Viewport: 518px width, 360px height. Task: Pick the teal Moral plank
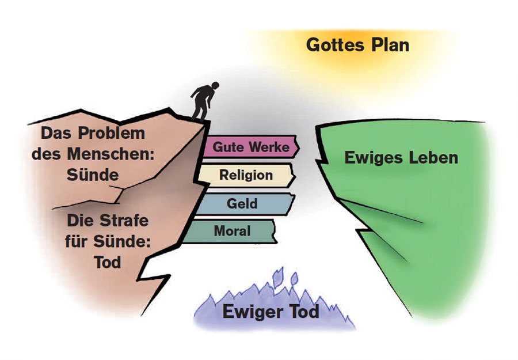(230, 232)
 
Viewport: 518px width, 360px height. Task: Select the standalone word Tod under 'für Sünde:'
(107, 262)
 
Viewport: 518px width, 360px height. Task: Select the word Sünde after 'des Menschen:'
(90, 174)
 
